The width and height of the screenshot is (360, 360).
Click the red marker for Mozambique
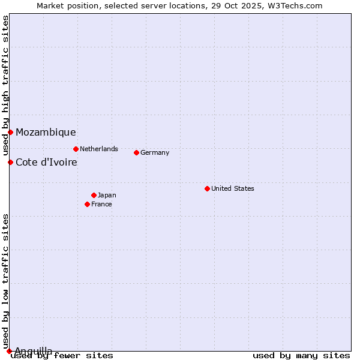click(x=10, y=132)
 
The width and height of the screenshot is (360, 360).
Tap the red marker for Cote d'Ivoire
click(x=10, y=162)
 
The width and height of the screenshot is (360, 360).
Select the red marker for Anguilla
click(x=9, y=351)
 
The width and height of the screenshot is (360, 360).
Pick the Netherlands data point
click(x=76, y=149)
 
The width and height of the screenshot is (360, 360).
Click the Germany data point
click(x=136, y=152)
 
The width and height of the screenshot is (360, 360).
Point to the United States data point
click(x=207, y=188)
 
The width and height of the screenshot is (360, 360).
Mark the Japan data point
click(x=94, y=195)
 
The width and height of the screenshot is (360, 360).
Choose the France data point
click(x=87, y=204)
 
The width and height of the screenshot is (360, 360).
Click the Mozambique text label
click(x=46, y=133)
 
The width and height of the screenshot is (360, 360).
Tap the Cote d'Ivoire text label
click(x=46, y=162)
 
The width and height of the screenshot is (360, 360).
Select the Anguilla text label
click(x=34, y=351)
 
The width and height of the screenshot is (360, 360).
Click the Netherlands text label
click(x=99, y=149)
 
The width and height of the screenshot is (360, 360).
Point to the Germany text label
click(x=155, y=152)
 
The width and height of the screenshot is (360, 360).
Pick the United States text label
click(x=233, y=188)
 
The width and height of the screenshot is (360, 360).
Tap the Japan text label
click(x=107, y=195)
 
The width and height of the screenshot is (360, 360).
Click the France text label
click(x=101, y=204)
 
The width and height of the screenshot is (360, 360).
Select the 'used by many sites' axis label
click(x=301, y=356)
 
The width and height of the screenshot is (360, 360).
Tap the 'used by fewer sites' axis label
click(x=62, y=356)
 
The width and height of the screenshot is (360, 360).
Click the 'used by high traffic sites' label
click(x=5, y=78)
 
